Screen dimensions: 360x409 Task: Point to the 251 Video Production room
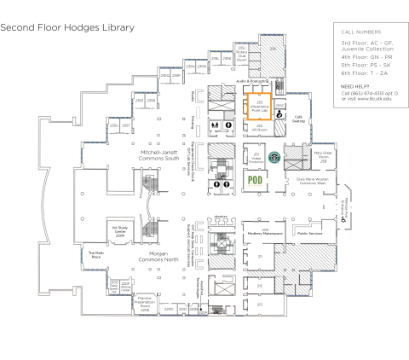256,157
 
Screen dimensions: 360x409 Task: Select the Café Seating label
299,119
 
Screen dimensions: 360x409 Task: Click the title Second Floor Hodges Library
67,27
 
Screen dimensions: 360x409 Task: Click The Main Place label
95,253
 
